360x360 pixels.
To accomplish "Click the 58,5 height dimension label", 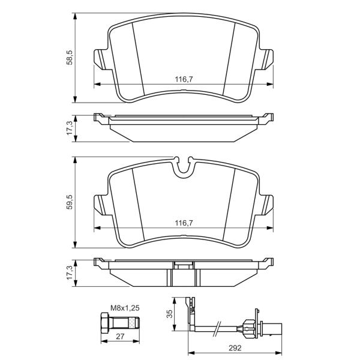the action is (x=70, y=58).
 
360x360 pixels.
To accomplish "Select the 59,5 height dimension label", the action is (x=70, y=202).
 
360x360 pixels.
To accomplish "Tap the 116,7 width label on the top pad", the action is (x=184, y=79).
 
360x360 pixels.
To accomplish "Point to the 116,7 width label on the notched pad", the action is (x=184, y=223).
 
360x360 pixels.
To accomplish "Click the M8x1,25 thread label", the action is (x=125, y=308).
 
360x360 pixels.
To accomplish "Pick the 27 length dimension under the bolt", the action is (x=120, y=337).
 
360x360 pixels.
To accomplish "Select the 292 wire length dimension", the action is (x=235, y=348).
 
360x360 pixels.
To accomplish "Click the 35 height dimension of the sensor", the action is (x=169, y=314).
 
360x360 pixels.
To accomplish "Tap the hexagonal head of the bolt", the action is (x=105, y=322).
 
